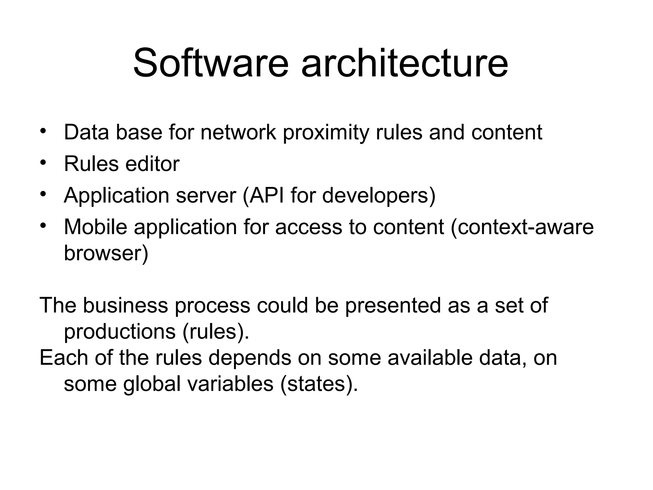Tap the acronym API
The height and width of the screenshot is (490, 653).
tap(266, 195)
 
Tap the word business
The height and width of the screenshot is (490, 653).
tap(125, 305)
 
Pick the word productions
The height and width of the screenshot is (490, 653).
tap(120, 331)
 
